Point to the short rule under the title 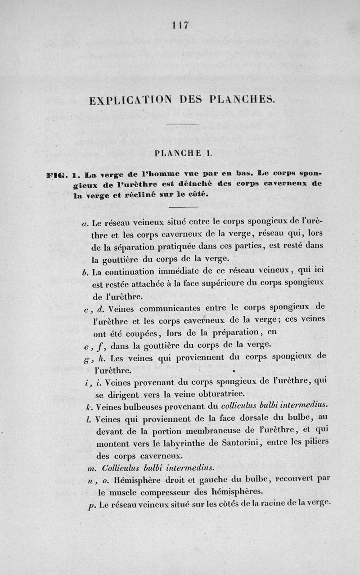point(182,124)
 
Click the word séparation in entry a point(135,247)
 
